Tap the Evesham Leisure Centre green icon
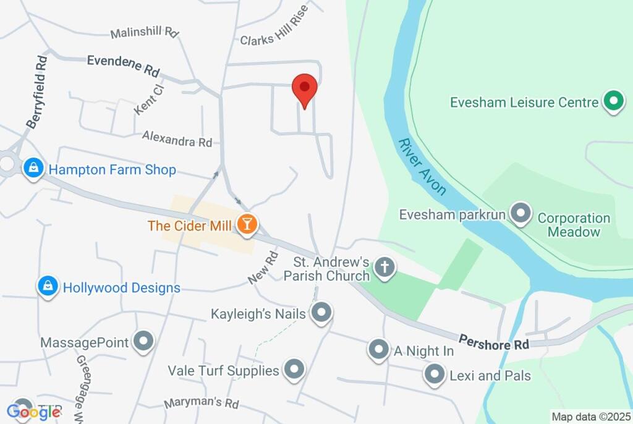[x=613, y=102]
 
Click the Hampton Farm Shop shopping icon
[x=33, y=169]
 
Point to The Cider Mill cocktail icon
[x=247, y=225]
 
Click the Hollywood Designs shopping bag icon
[x=48, y=287]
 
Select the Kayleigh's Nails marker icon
[x=321, y=313]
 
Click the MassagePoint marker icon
[x=144, y=342]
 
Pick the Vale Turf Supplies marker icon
[x=294, y=370]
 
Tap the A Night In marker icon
[x=378, y=350]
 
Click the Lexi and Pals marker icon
[x=435, y=375]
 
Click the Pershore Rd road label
[x=494, y=342]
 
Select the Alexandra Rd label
[x=177, y=138]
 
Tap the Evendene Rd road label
[x=123, y=65]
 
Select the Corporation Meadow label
[x=574, y=225]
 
